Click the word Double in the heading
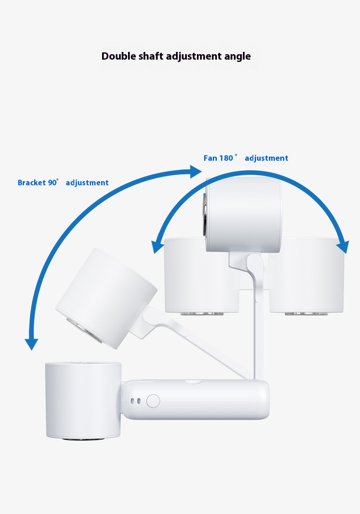point(118,56)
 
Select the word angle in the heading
point(237,57)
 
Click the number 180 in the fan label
point(226,158)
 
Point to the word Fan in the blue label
point(210,158)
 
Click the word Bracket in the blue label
point(32,183)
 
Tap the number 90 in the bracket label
point(52,183)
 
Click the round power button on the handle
point(153,401)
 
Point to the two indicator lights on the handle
point(136,401)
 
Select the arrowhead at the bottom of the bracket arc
point(31,344)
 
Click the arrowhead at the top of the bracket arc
point(196,172)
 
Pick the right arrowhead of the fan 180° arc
point(343,247)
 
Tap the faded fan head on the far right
point(307,276)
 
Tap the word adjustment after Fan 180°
point(267,158)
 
